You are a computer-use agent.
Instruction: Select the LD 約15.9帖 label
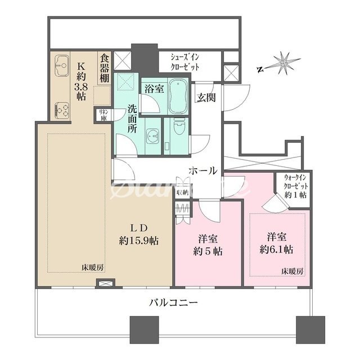click(138, 234)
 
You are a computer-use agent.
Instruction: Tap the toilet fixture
click(179, 128)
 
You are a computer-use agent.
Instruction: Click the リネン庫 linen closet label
click(103, 115)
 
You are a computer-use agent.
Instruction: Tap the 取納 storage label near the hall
click(182, 192)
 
